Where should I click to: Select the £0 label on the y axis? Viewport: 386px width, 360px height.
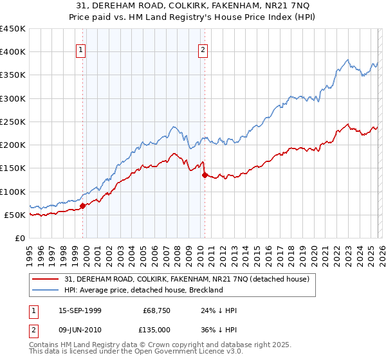[19, 238]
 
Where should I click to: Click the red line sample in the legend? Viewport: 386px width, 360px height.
[46, 279]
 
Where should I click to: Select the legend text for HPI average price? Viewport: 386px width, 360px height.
[143, 290]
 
